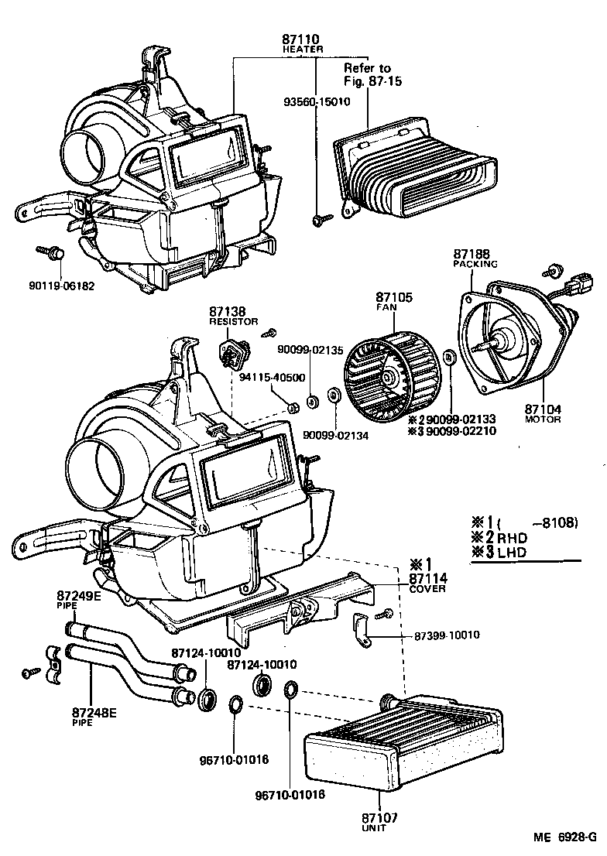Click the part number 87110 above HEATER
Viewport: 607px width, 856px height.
[301, 39]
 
